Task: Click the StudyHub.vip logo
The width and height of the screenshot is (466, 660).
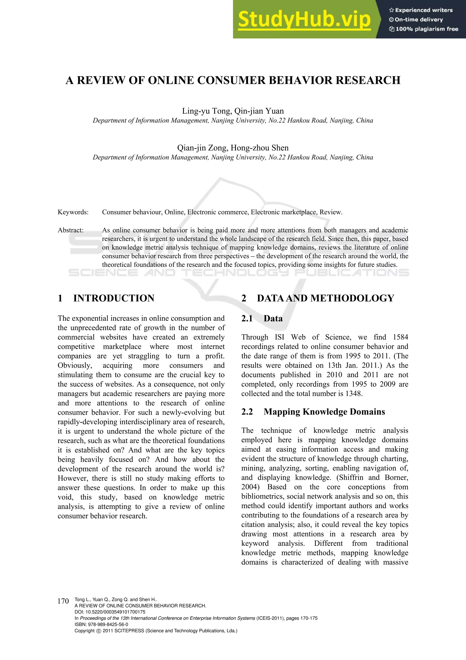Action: point(304,20)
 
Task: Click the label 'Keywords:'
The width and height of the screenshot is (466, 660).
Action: point(73,212)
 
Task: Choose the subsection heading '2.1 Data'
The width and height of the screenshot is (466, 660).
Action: point(262,318)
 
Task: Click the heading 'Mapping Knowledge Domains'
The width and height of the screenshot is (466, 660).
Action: point(324,412)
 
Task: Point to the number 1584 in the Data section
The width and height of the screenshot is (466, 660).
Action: point(400,337)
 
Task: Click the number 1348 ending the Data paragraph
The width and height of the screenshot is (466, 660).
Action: point(353,393)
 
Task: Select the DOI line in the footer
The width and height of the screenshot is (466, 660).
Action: point(110,612)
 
